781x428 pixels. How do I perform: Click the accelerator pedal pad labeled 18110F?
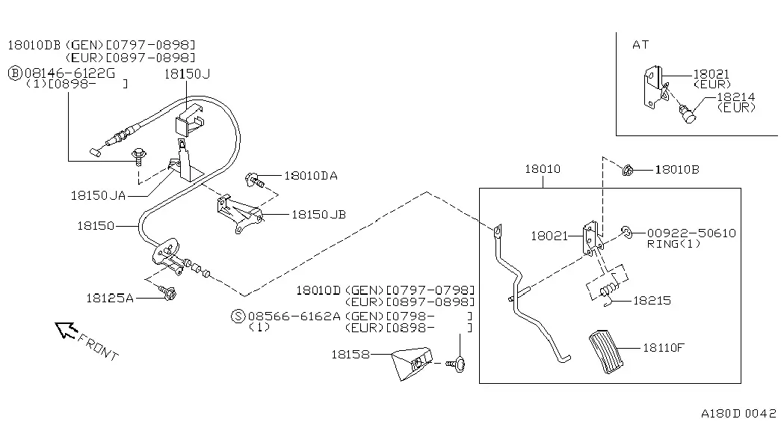[x=606, y=351]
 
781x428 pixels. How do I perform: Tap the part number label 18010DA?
[x=311, y=176]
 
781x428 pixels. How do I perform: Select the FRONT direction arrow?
[x=67, y=329]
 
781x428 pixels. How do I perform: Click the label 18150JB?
[x=318, y=215]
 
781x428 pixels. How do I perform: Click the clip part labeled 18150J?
[x=189, y=120]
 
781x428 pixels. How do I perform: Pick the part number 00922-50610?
[x=691, y=233]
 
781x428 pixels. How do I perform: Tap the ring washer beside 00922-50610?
[x=626, y=232]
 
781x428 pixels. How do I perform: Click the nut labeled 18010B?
[x=627, y=171]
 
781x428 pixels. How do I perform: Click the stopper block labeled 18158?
[x=411, y=364]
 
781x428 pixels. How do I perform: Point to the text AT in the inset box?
[x=640, y=45]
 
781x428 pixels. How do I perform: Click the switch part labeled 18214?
[x=688, y=114]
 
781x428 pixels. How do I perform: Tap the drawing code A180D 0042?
[x=738, y=413]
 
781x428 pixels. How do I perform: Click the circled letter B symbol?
[x=15, y=74]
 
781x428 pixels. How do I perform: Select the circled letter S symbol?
[x=238, y=317]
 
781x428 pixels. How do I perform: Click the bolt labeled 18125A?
[x=168, y=293]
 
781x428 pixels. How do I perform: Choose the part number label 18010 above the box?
[x=543, y=169]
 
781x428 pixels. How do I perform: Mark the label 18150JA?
[x=98, y=195]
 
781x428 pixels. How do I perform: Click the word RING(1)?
[x=673, y=244]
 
